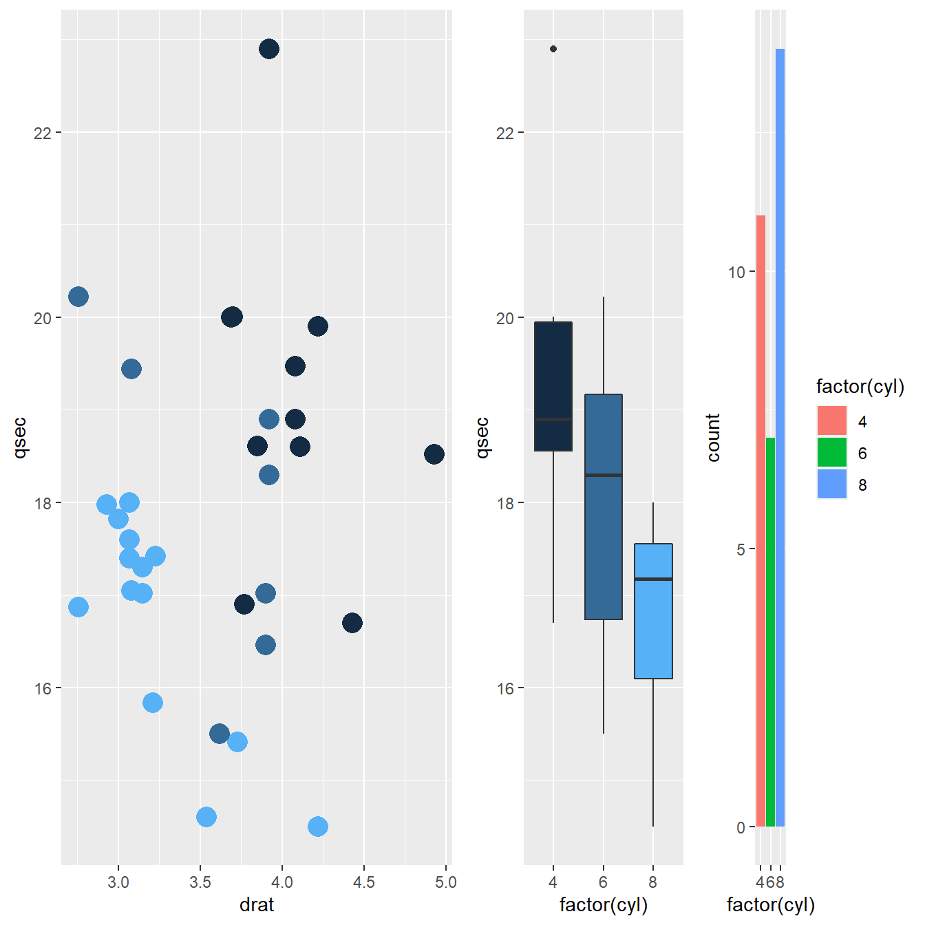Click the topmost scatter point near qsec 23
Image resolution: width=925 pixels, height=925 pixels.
click(x=269, y=48)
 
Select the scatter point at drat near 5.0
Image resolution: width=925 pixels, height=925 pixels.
click(x=434, y=454)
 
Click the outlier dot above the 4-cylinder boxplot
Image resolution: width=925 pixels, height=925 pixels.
click(x=553, y=49)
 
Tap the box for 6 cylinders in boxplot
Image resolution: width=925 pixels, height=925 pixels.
click(x=604, y=507)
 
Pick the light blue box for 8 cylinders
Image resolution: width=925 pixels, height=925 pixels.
click(x=653, y=611)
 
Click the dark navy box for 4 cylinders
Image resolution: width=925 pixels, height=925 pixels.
click(x=553, y=386)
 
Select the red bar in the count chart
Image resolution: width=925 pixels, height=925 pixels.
click(x=761, y=521)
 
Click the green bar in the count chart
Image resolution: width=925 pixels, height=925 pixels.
click(x=770, y=632)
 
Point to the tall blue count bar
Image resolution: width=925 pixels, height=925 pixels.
click(x=780, y=438)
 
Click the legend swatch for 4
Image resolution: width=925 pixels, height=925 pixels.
click(x=832, y=421)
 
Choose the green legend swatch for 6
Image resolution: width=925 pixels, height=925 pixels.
click(x=832, y=452)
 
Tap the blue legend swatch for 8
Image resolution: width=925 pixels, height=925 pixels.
click(x=832, y=484)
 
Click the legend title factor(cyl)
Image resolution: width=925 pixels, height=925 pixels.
click(x=860, y=386)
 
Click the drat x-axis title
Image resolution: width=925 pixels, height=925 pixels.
click(x=257, y=905)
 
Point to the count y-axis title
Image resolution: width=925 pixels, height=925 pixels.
click(x=713, y=438)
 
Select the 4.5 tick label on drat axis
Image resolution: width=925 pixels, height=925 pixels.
click(x=364, y=882)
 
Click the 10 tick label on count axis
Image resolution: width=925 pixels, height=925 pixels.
click(x=736, y=272)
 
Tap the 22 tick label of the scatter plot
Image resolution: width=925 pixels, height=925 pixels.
click(x=42, y=133)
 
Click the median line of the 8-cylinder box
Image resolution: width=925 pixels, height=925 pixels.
click(x=653, y=580)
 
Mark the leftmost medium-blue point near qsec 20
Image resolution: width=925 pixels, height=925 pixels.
click(x=78, y=297)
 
